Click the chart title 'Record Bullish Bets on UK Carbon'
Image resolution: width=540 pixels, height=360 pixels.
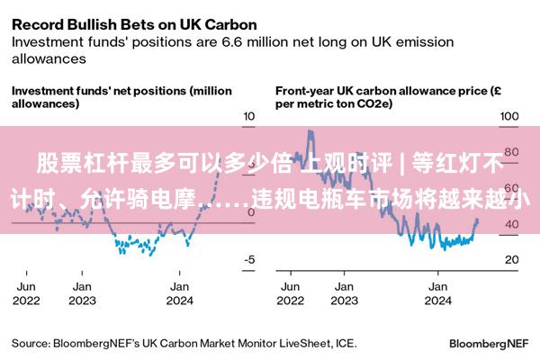pyautogui.click(x=134, y=25)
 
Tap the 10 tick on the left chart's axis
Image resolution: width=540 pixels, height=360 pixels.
pyautogui.click(x=249, y=116)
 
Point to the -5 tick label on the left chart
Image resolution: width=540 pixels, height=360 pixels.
pyautogui.click(x=249, y=259)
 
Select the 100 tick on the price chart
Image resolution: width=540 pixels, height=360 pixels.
pyautogui.click(x=509, y=116)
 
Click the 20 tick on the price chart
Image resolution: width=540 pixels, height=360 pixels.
pyautogui.click(x=512, y=259)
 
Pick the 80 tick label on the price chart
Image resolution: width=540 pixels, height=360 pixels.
pyautogui.click(x=511, y=152)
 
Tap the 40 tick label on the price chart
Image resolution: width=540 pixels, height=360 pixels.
pyautogui.click(x=512, y=224)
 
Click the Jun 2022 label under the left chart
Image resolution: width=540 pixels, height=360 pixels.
pyautogui.click(x=26, y=293)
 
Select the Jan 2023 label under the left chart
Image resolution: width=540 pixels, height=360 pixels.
pyautogui.click(x=82, y=293)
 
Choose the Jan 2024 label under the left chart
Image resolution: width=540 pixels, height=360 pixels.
pyautogui.click(x=179, y=293)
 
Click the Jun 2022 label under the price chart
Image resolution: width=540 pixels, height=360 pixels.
pyautogui.click(x=291, y=293)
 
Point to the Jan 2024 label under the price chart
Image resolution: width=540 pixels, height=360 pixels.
pyautogui.click(x=437, y=293)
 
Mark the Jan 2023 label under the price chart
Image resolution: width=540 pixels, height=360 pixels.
pyautogui.click(x=345, y=293)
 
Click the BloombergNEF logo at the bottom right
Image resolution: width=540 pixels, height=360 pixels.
pyautogui.click(x=489, y=344)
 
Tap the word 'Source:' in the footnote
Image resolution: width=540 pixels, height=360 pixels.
pyautogui.click(x=31, y=344)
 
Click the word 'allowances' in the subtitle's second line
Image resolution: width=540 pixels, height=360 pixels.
pyautogui.click(x=49, y=58)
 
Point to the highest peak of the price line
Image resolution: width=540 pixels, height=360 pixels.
pyautogui.click(x=310, y=130)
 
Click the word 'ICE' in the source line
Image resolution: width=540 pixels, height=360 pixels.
pyautogui.click(x=346, y=344)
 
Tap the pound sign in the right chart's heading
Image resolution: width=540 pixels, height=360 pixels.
pyautogui.click(x=497, y=91)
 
